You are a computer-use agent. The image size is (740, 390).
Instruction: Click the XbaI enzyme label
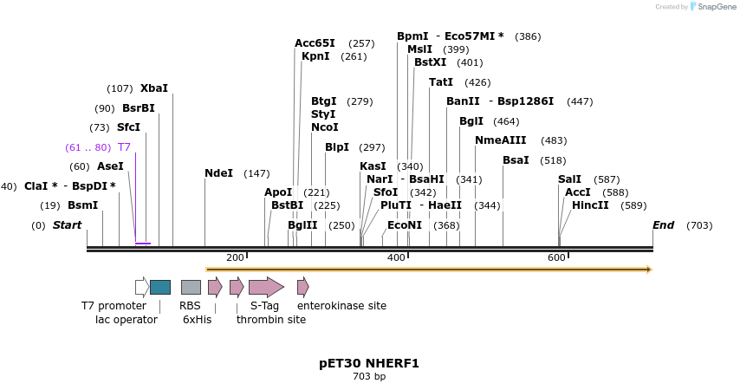click(154, 88)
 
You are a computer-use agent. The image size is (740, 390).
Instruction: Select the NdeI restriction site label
click(218, 173)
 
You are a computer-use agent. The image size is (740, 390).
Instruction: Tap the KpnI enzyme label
click(315, 56)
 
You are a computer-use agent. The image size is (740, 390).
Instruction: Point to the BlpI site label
click(337, 147)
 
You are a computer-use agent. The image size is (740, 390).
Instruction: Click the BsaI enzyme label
click(516, 160)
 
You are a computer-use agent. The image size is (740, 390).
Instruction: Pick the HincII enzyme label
click(590, 205)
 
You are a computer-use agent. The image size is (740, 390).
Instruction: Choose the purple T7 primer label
click(124, 147)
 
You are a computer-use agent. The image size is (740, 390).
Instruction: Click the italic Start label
click(67, 225)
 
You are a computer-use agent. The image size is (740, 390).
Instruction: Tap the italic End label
click(663, 225)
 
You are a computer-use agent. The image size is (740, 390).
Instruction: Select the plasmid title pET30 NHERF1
click(369, 363)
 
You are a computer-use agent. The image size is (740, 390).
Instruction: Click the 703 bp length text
click(369, 376)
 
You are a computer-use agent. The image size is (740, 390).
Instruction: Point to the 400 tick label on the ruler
click(396, 257)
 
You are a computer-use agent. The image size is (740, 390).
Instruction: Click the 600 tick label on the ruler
click(556, 257)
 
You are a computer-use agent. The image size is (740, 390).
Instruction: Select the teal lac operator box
click(160, 287)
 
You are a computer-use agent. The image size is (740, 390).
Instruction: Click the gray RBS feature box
click(191, 287)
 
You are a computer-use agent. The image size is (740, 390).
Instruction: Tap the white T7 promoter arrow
click(142, 287)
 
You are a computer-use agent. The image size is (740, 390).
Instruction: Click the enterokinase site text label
click(341, 306)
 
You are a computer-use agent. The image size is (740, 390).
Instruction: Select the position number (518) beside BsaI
click(552, 160)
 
